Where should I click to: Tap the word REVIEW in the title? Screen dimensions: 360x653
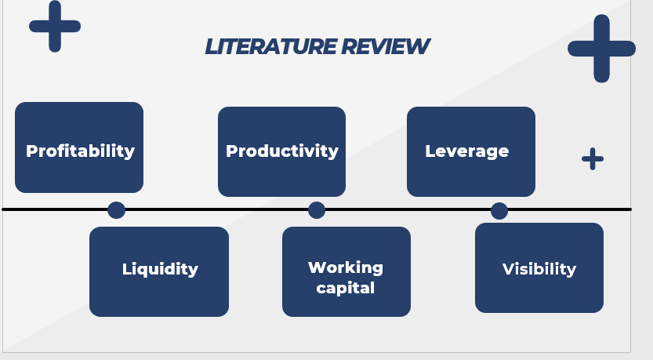coord(385,47)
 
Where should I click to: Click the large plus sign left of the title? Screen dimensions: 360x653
coord(55,27)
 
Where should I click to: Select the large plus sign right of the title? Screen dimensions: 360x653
coord(601,48)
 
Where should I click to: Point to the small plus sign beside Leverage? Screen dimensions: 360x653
coord(593,158)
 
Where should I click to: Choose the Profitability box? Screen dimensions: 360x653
coord(79,147)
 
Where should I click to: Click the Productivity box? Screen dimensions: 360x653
coord(281,151)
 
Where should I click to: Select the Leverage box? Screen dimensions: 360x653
coord(470,151)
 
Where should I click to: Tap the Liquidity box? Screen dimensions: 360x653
coord(159,271)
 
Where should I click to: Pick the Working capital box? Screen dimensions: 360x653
coord(346,271)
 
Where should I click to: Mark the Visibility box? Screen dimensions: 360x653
coord(539,267)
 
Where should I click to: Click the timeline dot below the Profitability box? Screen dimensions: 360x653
coord(116,209)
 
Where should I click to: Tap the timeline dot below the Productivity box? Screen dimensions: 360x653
coord(317,209)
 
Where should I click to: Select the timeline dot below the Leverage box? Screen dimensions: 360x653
coord(499,210)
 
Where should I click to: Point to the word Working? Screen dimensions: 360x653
coord(346,267)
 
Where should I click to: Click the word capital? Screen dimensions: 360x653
coord(346,288)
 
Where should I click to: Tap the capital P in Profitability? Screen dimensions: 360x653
coord(32,151)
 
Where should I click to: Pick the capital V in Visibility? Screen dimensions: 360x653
coord(508,269)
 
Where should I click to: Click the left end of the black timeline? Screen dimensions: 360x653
coord(5,209)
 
